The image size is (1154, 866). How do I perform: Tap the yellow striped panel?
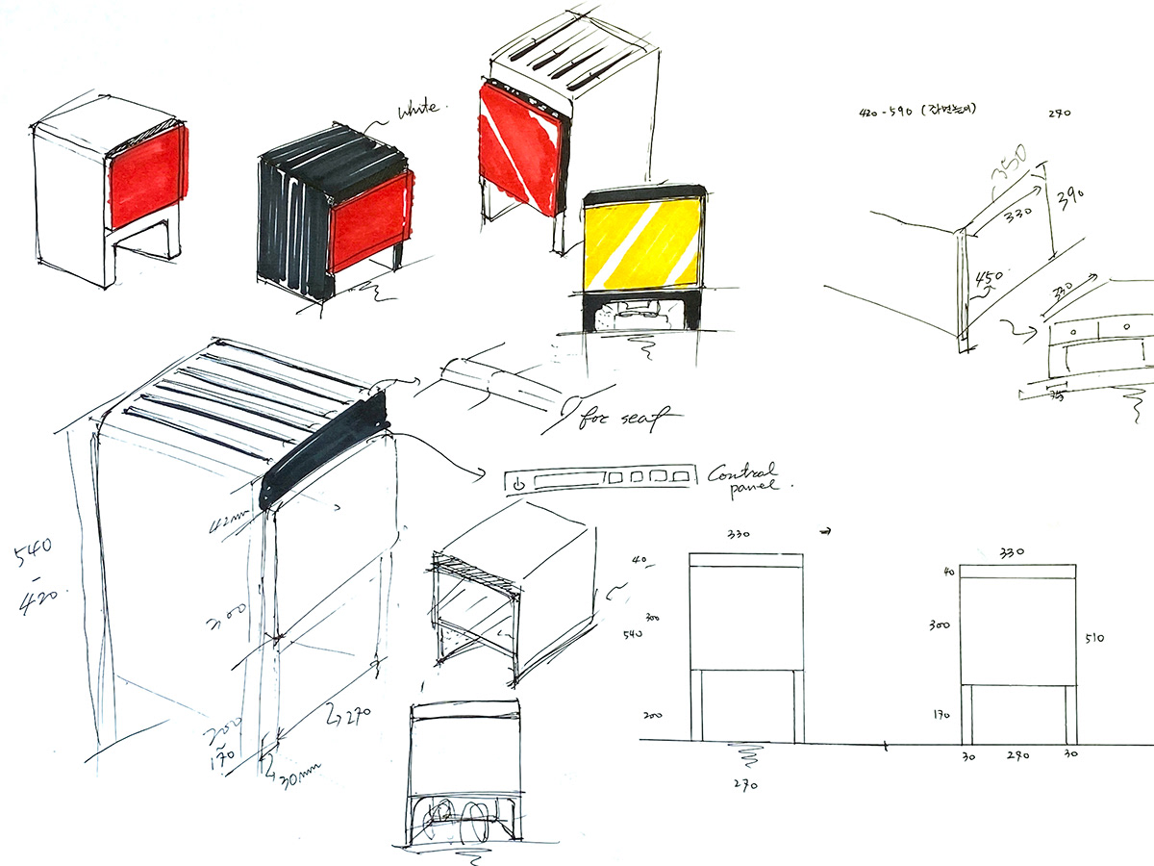click(642, 244)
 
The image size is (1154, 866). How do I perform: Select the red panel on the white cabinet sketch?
click(147, 173)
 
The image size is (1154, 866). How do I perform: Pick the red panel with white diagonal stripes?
click(519, 144)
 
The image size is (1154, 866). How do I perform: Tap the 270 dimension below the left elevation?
click(746, 784)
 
